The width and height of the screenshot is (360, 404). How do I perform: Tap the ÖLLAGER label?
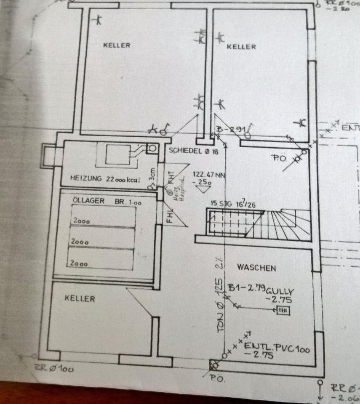point(88,201)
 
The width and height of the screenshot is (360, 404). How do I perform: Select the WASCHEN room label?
point(256,268)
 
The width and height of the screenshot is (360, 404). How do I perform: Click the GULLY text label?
point(280,290)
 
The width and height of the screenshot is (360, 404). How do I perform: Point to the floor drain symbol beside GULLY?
point(283,311)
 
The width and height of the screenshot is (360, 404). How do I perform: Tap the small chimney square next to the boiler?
point(152,148)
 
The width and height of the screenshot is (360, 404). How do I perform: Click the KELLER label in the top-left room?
point(117,45)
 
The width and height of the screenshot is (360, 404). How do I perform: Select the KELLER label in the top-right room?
point(241,47)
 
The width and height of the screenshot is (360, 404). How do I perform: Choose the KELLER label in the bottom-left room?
point(80,298)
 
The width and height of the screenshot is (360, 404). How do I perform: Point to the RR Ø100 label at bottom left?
point(54,369)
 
